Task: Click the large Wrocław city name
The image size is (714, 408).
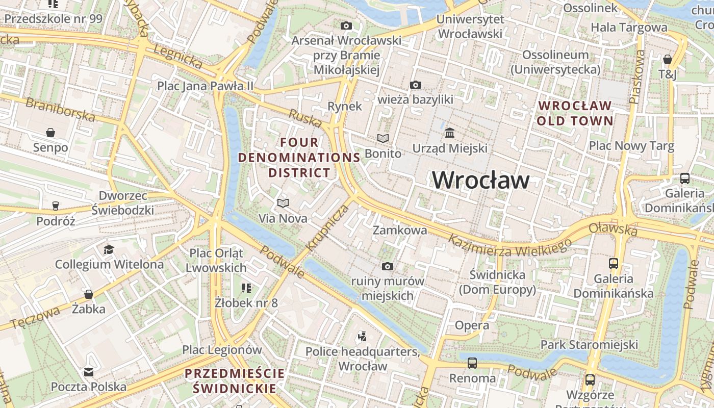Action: [481, 180]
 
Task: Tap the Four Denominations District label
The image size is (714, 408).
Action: [299, 157]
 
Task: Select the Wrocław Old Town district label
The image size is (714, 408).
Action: [575, 113]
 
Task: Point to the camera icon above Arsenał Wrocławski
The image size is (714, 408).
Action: [346, 25]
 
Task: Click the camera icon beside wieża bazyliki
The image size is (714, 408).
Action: [416, 85]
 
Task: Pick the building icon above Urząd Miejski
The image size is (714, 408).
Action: [450, 133]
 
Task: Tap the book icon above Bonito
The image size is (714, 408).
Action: [382, 138]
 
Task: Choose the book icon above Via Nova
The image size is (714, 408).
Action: [283, 203]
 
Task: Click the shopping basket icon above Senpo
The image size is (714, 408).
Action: [50, 133]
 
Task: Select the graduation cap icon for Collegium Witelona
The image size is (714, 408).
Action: [109, 249]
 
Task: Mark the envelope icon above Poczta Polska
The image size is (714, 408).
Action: [89, 372]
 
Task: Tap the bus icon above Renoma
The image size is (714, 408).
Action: [472, 363]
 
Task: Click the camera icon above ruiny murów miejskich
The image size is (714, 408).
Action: [388, 266]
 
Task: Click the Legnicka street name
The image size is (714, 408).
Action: [177, 57]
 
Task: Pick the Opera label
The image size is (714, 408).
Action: [472, 325]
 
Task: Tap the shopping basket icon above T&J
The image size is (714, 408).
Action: [667, 59]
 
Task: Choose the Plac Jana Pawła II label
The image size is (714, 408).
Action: [205, 86]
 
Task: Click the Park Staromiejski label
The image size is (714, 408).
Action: [589, 344]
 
